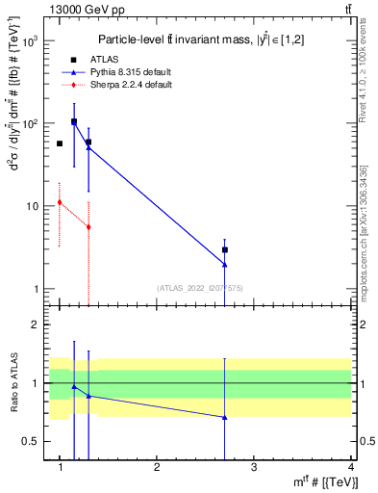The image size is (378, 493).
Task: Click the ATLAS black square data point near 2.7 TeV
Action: pyautogui.click(x=225, y=249)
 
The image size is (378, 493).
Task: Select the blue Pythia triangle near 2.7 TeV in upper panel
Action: pyautogui.click(x=225, y=264)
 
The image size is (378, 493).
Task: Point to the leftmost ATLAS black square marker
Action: pyautogui.click(x=60, y=143)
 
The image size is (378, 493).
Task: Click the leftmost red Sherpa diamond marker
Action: pyautogui.click(x=60, y=202)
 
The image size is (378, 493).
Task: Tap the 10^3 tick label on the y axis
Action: pyautogui.click(x=27, y=41)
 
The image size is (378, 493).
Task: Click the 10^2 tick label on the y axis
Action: pyautogui.click(x=27, y=124)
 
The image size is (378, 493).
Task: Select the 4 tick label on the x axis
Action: pyautogui.click(x=350, y=467)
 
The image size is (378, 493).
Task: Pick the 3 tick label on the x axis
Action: pyautogui.click(x=254, y=467)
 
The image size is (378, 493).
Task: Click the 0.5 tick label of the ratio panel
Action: pyautogui.click(x=29, y=441)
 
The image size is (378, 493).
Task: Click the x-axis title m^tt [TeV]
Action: pyautogui.click(x=323, y=482)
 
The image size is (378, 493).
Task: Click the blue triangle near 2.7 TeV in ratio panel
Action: pyautogui.click(x=225, y=417)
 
